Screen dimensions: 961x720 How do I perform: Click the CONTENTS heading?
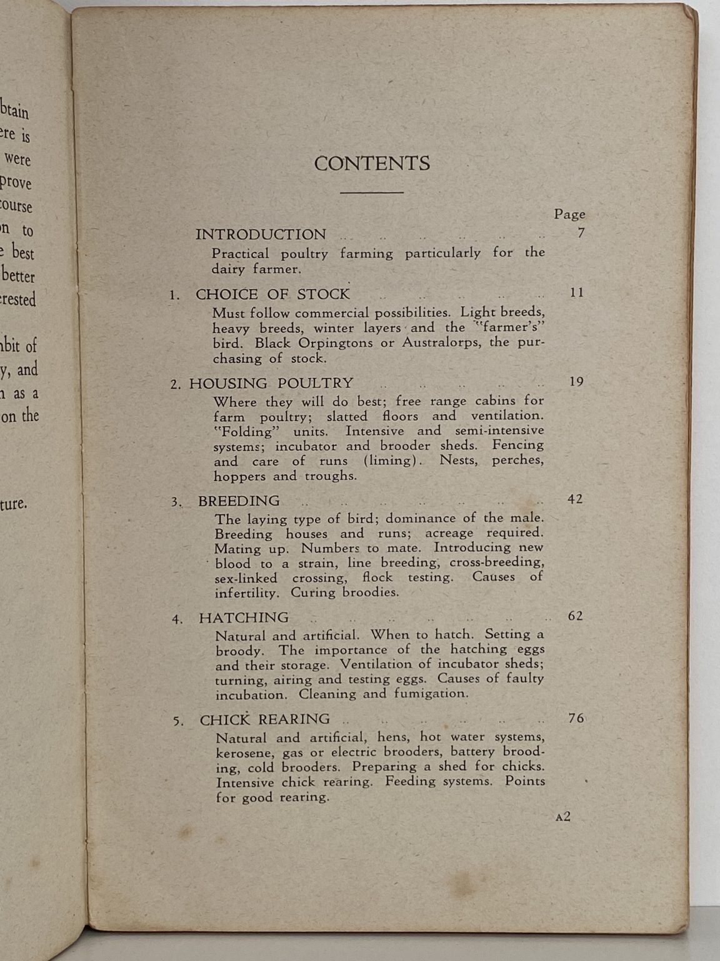(x=372, y=163)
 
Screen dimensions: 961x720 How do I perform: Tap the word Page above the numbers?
(x=569, y=215)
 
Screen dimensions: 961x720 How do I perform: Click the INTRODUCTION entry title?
(x=261, y=235)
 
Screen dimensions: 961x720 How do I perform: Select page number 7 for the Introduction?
(x=581, y=233)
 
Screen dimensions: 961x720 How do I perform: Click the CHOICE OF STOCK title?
(x=272, y=294)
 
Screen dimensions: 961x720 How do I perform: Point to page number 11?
(x=577, y=292)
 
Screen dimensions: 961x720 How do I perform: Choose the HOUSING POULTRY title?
(x=271, y=384)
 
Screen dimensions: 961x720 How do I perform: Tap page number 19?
(x=576, y=382)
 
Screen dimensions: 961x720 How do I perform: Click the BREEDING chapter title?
(x=239, y=501)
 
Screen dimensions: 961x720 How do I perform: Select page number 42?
(x=575, y=499)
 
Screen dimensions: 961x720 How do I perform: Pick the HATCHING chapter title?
(x=244, y=618)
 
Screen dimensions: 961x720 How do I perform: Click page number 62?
(x=576, y=616)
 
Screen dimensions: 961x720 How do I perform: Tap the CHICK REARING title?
(x=265, y=720)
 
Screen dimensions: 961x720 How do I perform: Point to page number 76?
(x=576, y=718)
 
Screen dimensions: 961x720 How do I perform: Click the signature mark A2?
(x=562, y=816)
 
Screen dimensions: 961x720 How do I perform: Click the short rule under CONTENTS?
(x=372, y=193)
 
